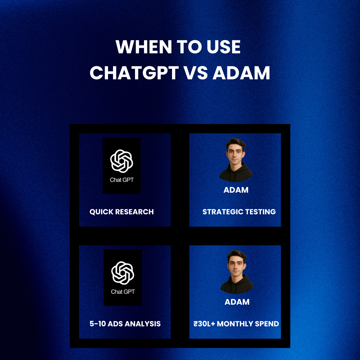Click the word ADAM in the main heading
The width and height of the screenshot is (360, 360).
point(241,73)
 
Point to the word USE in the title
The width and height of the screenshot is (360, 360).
point(222,47)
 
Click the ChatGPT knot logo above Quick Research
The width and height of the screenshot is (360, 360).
point(122,161)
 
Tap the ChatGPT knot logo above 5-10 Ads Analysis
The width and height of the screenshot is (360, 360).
point(123,273)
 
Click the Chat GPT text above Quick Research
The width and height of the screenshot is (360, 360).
point(122,180)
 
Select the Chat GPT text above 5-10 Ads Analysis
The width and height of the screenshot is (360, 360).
point(123,292)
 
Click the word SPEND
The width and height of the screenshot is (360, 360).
point(268,324)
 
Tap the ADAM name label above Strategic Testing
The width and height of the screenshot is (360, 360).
point(236,190)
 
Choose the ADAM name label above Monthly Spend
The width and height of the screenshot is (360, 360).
point(237,302)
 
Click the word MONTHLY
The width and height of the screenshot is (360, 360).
point(237,324)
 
